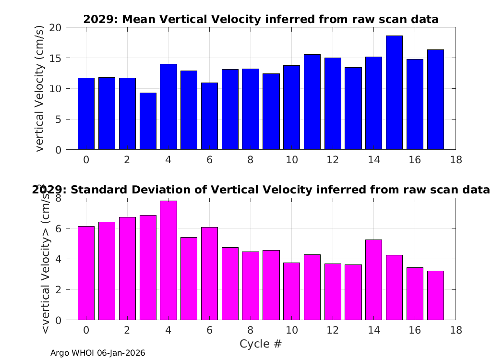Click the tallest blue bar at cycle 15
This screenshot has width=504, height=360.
click(x=394, y=93)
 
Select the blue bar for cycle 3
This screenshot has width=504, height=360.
click(x=148, y=121)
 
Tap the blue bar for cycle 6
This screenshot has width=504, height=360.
click(x=210, y=116)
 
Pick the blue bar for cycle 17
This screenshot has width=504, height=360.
click(x=435, y=100)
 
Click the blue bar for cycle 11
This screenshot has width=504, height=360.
click(x=312, y=102)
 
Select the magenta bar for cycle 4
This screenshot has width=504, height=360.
click(x=168, y=260)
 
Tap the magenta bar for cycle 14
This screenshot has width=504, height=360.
click(x=374, y=280)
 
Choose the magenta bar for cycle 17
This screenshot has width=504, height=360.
click(x=435, y=295)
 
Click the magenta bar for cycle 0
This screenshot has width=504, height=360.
click(x=86, y=273)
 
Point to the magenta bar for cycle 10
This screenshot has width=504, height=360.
click(x=291, y=291)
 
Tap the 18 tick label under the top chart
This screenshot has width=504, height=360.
click(x=456, y=159)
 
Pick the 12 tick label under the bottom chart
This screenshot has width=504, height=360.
click(x=333, y=330)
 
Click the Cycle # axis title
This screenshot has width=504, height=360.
click(x=261, y=344)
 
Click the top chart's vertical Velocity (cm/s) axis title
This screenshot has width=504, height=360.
click(x=39, y=88)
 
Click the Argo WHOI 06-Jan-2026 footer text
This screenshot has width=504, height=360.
click(x=98, y=353)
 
